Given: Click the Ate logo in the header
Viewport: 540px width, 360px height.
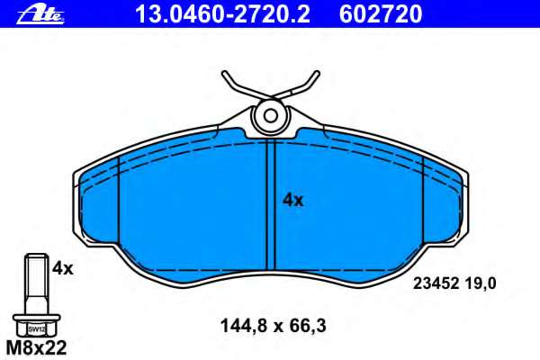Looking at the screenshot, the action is tap(40, 14).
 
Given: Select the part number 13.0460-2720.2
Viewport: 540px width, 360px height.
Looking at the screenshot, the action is tap(223, 14).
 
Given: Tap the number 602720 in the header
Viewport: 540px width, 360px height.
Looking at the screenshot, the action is tap(381, 14).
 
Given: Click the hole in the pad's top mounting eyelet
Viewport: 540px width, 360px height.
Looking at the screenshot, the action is tap(271, 116).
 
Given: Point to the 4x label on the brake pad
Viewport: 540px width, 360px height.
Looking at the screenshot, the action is tap(293, 200).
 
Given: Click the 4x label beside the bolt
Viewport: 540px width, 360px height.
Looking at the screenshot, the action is tap(63, 268).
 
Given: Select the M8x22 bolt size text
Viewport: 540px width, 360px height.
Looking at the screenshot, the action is tap(37, 348).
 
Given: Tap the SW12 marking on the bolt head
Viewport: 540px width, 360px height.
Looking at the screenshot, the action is tap(37, 329).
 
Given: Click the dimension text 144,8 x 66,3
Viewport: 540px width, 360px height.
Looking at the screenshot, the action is tap(273, 326).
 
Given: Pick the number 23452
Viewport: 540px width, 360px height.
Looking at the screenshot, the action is tap(436, 283).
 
